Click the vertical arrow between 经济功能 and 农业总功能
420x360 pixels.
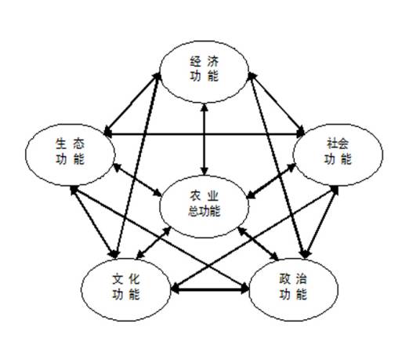[x=205, y=140]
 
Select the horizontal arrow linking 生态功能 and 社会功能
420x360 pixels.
[x=205, y=133]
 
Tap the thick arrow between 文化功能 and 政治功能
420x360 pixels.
[x=210, y=289]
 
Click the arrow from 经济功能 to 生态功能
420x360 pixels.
[x=132, y=104]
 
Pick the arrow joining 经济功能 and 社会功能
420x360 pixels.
[x=277, y=104]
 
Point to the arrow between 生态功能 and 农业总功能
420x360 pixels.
[x=137, y=179]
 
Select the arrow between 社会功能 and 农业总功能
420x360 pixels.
[x=270, y=181]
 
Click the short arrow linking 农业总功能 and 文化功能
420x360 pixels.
[x=154, y=242]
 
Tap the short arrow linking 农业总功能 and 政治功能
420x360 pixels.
[x=259, y=244]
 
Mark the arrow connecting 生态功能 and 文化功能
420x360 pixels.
[x=94, y=222]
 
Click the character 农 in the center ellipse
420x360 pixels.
[x=195, y=196]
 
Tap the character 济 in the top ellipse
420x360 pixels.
[x=213, y=62]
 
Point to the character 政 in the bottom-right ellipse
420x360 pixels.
[x=284, y=279]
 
